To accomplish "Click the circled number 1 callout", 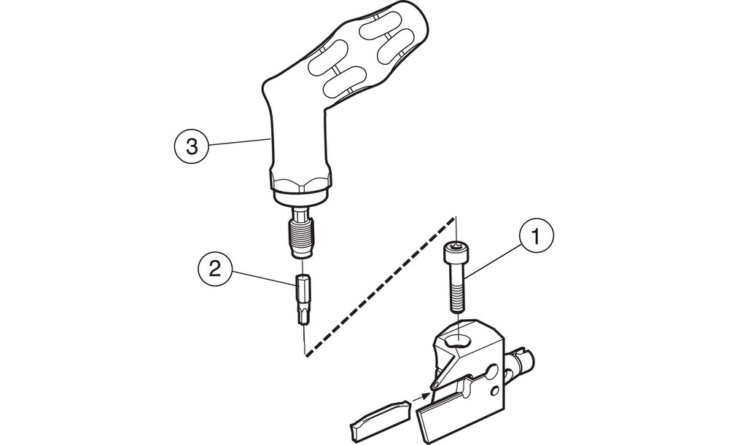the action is [x=536, y=237].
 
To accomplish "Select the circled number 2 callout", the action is [x=215, y=269].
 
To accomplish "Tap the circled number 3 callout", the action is [x=192, y=147].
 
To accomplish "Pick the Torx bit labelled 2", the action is [x=303, y=299].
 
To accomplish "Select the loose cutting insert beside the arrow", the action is [x=379, y=415].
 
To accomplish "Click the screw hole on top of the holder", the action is [x=458, y=342].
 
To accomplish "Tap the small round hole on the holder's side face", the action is [x=496, y=390].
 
